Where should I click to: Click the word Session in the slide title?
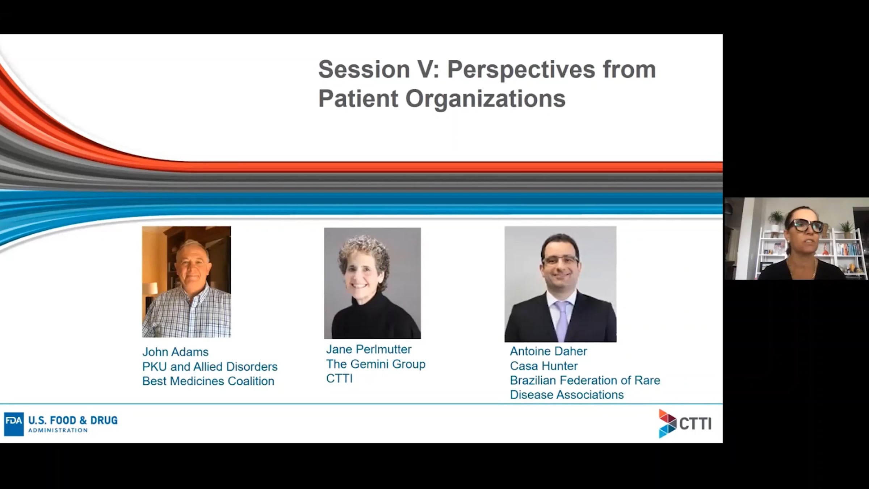click(x=364, y=69)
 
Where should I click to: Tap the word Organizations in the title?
click(x=485, y=99)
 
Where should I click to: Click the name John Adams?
click(x=175, y=352)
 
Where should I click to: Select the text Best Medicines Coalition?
click(x=208, y=381)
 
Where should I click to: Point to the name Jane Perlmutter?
click(x=369, y=349)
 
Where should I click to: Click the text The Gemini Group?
click(x=376, y=364)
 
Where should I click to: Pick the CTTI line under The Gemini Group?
click(x=339, y=379)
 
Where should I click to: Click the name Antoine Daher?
click(x=549, y=351)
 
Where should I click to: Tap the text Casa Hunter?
click(x=544, y=366)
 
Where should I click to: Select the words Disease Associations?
click(x=567, y=394)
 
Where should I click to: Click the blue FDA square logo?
click(x=14, y=424)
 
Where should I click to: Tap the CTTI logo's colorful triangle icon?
click(x=667, y=423)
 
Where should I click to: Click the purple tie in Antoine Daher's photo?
click(x=562, y=321)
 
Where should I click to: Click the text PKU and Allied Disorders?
click(x=210, y=367)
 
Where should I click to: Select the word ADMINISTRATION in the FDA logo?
click(x=58, y=430)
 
